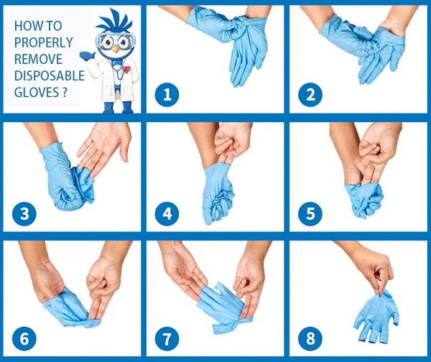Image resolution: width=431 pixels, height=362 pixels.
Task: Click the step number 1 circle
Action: pos(167,95)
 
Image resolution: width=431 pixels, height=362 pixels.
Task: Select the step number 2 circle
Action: pos(310,95)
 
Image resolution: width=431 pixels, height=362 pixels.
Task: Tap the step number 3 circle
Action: pos(24,213)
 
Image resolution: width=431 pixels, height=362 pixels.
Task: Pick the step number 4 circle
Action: pos(167,213)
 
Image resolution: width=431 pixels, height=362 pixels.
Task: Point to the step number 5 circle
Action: pos(310,213)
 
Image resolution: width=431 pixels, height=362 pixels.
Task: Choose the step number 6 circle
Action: pos(24,338)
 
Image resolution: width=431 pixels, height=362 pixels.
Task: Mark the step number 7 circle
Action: pos(167,338)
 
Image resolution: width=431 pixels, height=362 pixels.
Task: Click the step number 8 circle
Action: pos(310,338)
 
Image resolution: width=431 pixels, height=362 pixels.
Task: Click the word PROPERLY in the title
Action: pos(43,42)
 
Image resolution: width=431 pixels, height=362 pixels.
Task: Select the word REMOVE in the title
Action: pos(38,59)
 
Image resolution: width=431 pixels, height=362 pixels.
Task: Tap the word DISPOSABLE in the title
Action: pos(49,75)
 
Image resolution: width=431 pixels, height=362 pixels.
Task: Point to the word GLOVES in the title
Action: pos(37,92)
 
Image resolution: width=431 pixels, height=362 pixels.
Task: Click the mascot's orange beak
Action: pos(116,50)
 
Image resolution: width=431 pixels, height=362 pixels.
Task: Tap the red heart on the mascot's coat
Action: pos(126,69)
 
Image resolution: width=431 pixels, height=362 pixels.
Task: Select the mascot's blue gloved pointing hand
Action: pos(87,55)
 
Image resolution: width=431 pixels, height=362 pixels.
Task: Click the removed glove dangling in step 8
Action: pos(376,315)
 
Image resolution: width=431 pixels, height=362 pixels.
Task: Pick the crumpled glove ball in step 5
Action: pos(365,199)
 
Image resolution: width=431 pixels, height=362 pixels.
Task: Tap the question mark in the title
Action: pos(65,92)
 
